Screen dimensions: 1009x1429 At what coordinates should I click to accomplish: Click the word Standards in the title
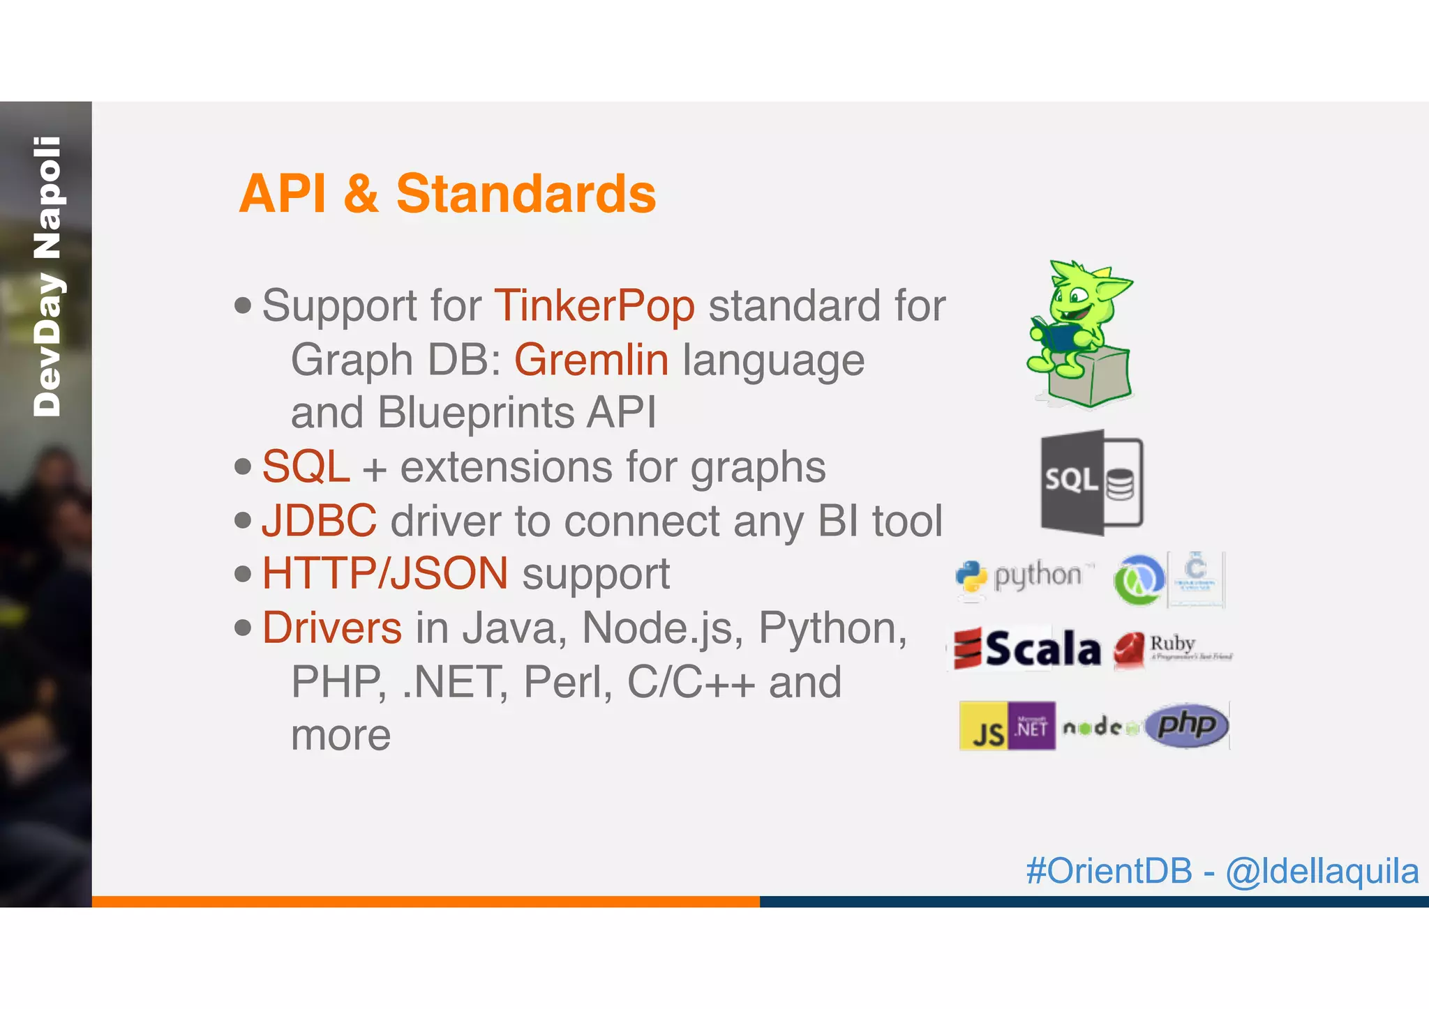tap(525, 194)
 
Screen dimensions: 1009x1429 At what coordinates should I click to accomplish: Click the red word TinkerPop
tap(594, 306)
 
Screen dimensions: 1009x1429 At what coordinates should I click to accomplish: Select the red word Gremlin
tap(591, 360)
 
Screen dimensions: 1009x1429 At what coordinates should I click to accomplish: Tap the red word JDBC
tap(319, 521)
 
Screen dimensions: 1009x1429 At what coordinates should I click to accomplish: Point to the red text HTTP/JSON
tap(384, 574)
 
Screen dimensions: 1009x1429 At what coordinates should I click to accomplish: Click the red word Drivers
tap(331, 628)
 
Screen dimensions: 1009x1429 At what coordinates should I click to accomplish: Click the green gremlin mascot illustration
tap(1079, 333)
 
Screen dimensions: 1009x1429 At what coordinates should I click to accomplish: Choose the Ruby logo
tap(1171, 648)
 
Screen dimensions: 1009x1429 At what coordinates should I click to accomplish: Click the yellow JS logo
tap(983, 727)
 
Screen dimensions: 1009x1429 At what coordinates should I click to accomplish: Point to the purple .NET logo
tap(1031, 727)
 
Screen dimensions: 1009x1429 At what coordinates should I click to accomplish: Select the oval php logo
tap(1186, 725)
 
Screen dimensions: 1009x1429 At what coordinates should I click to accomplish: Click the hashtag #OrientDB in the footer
tap(1109, 871)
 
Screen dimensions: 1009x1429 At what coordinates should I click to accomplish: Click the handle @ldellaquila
tap(1322, 871)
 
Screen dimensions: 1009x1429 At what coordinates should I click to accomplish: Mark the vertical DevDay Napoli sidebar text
tap(47, 277)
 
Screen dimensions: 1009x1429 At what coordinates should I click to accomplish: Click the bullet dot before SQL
tap(243, 466)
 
